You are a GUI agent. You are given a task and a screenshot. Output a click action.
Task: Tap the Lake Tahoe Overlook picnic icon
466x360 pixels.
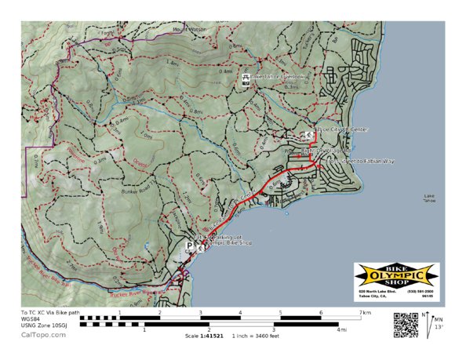point(246,78)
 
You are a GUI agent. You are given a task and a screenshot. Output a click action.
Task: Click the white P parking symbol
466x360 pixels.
point(189,245)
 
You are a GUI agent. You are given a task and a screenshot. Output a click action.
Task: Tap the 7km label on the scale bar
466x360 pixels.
point(365,312)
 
